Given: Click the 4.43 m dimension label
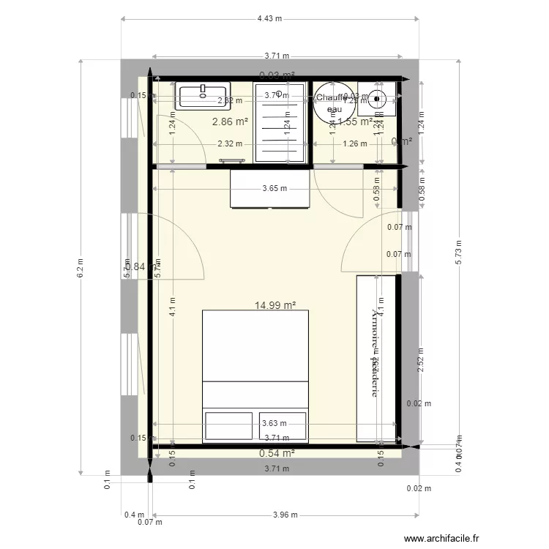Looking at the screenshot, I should [x=270, y=19].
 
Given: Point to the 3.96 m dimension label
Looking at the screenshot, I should [x=285, y=515].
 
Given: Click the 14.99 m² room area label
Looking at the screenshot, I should [x=274, y=306].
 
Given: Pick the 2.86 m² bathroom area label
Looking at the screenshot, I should [x=231, y=122].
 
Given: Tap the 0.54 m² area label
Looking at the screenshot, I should [x=277, y=453].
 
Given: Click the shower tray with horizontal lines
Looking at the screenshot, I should [x=282, y=122].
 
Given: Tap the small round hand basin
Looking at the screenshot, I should [x=378, y=98].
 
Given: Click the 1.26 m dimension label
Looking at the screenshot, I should [x=355, y=144].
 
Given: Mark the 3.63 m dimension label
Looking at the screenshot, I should [x=274, y=422].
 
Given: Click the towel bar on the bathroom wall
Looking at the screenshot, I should [x=233, y=160].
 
